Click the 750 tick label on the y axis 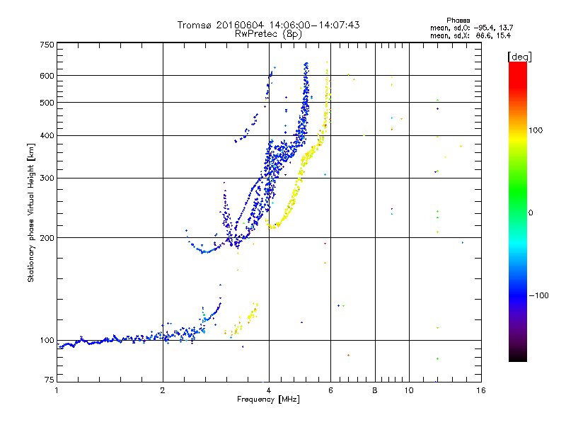[x=47, y=45]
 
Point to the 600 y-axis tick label [x=47, y=76]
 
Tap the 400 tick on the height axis [x=47, y=135]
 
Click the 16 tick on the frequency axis [x=480, y=390]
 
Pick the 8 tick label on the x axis [x=375, y=390]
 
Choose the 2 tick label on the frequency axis [x=163, y=390]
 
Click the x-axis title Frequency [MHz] [x=268, y=399]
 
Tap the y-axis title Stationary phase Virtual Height [x=31, y=212]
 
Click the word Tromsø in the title [x=194, y=25]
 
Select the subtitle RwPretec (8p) [x=269, y=33]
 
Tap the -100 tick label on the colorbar [x=542, y=295]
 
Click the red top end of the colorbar [x=517, y=65]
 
